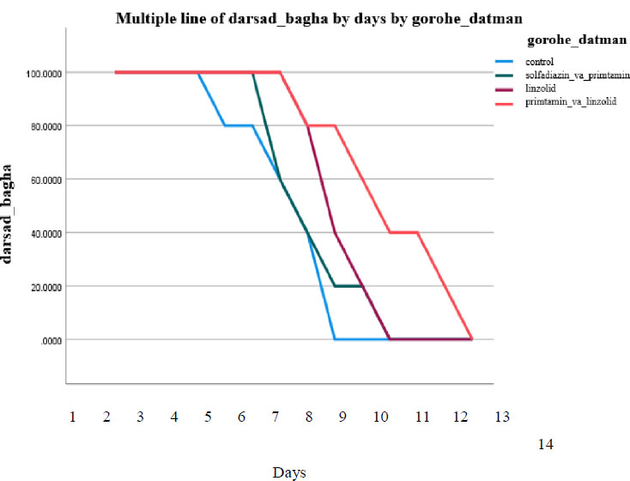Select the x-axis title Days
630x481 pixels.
click(x=289, y=472)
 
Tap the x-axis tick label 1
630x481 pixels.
click(x=73, y=417)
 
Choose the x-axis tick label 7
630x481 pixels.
click(x=276, y=417)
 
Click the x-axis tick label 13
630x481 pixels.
click(x=502, y=417)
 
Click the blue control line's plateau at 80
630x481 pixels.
click(x=239, y=125)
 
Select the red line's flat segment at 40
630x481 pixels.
click(x=403, y=232)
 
